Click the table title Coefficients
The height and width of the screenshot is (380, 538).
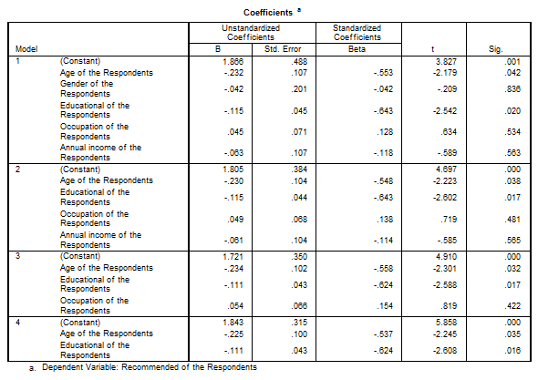click(x=268, y=13)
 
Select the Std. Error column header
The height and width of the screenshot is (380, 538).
click(x=283, y=49)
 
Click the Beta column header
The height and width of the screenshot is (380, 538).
click(x=357, y=49)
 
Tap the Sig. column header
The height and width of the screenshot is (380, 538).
click(x=496, y=49)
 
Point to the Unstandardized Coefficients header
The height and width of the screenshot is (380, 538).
click(x=251, y=33)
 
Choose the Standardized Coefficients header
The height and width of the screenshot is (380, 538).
click(x=357, y=33)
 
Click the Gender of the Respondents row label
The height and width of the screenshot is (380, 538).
click(x=87, y=88)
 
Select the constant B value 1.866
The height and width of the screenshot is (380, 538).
click(x=233, y=62)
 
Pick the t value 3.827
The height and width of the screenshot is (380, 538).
click(x=446, y=62)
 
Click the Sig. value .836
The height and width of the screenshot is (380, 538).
click(x=512, y=89)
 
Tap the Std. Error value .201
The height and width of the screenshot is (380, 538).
click(x=299, y=89)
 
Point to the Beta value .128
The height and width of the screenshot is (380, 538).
click(x=385, y=132)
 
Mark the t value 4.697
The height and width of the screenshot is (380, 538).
click(x=446, y=169)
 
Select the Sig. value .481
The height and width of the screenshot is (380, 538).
click(x=512, y=220)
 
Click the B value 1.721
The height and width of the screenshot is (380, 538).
click(x=233, y=257)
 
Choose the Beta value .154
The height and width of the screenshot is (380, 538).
click(x=385, y=306)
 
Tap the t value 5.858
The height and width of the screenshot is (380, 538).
click(x=446, y=323)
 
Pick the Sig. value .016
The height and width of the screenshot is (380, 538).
click(x=512, y=351)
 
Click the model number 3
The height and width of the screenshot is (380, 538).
click(x=18, y=256)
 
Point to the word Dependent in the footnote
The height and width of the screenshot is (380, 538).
click(x=58, y=367)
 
